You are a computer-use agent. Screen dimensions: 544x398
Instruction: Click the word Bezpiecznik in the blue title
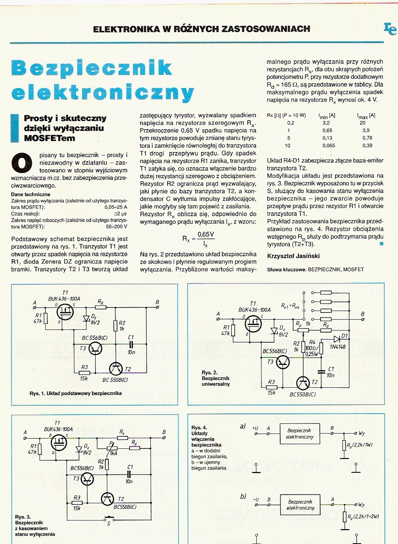click(92, 68)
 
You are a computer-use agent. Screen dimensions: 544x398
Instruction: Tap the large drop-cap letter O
click(22, 163)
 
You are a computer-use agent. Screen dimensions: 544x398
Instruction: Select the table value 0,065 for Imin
click(328, 146)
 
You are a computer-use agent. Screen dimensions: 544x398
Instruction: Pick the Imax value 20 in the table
click(362, 123)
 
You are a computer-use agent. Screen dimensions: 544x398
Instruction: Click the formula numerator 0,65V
click(205, 235)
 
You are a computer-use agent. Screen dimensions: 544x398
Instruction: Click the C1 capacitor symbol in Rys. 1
click(131, 344)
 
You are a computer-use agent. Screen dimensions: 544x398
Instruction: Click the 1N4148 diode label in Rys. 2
click(338, 347)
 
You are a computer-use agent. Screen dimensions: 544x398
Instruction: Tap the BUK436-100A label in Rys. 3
click(58, 429)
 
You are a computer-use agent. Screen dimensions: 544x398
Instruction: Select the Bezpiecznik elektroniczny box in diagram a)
click(300, 434)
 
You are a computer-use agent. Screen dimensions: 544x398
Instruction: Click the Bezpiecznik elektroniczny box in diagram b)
click(300, 504)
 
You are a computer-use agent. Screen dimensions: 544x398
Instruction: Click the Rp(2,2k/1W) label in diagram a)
click(360, 445)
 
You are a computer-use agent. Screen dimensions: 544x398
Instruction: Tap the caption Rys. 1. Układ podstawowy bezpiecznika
click(76, 393)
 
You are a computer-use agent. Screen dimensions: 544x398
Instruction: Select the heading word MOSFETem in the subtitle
click(49, 138)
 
